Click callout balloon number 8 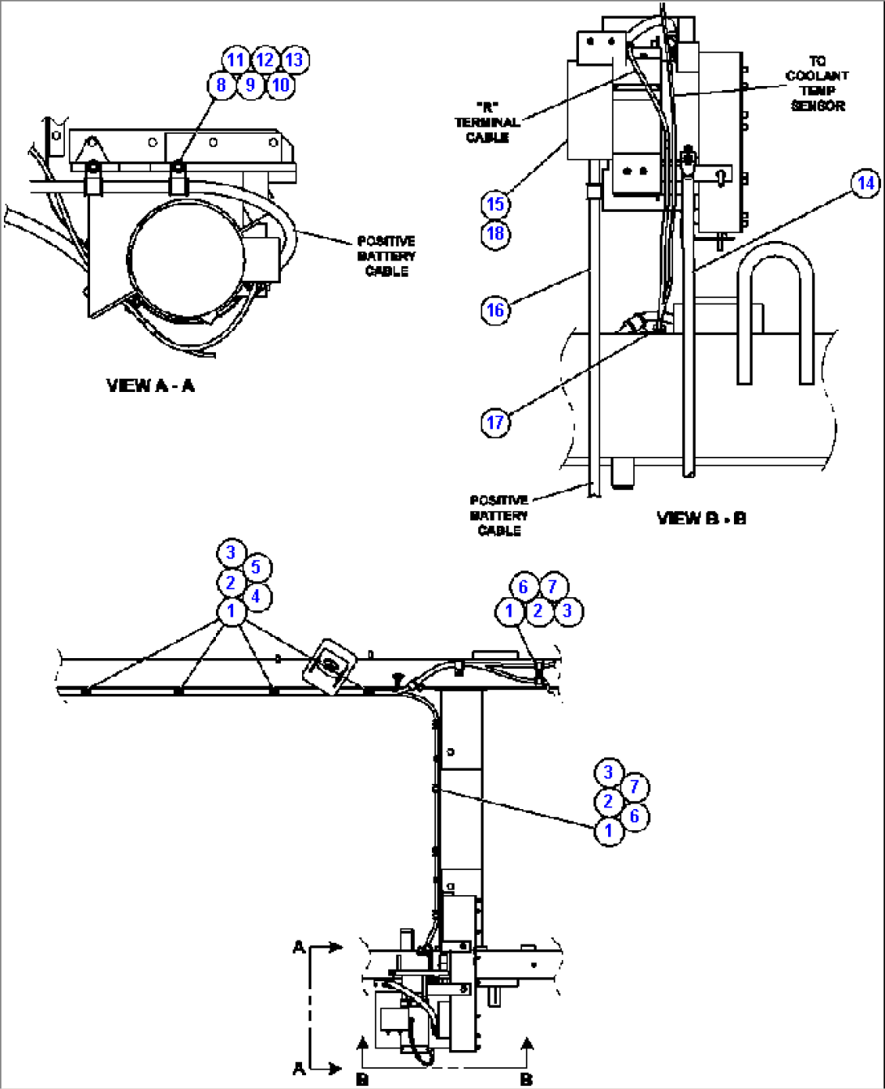click(x=221, y=84)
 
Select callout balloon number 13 click(x=294, y=60)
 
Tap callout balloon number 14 click(x=866, y=183)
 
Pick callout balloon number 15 click(x=495, y=204)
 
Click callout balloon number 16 click(x=495, y=310)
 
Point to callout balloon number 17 click(x=495, y=422)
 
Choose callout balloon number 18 click(x=495, y=234)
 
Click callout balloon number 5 click(x=256, y=567)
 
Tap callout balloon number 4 click(x=256, y=597)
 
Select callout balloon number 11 click(x=235, y=60)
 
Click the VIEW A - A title click(x=151, y=385)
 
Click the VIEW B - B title click(x=702, y=518)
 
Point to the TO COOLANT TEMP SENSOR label click(x=817, y=84)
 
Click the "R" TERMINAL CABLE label click(x=487, y=123)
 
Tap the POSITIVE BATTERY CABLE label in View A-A click(x=386, y=256)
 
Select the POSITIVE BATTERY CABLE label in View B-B click(x=499, y=515)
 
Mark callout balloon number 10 click(x=280, y=84)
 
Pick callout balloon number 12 click(x=265, y=60)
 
